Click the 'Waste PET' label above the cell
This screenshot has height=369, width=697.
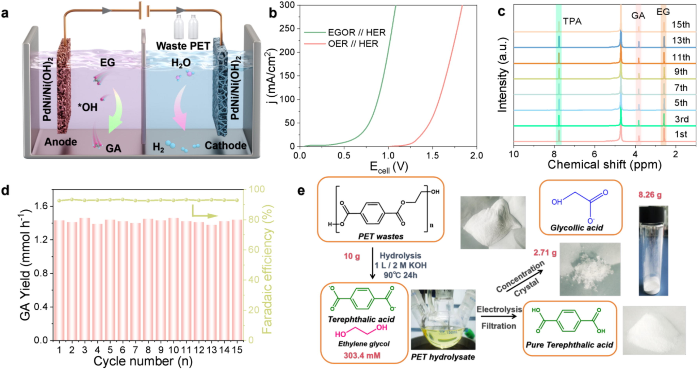click(183, 46)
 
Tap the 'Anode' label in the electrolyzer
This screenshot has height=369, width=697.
click(61, 142)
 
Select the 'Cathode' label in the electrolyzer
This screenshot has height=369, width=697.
click(225, 145)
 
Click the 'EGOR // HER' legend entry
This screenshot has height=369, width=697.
click(356, 32)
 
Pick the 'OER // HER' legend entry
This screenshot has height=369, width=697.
click(353, 44)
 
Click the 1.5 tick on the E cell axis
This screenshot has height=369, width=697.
click(432, 156)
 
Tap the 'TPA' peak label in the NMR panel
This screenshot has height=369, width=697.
click(572, 21)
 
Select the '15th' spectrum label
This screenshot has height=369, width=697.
click(681, 25)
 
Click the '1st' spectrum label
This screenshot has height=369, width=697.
click(681, 134)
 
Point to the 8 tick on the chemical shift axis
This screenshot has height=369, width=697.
click(554, 154)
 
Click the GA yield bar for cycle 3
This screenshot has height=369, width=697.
click(85, 279)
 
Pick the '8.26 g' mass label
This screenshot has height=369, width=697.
click(650, 195)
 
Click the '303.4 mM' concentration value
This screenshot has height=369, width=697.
click(362, 356)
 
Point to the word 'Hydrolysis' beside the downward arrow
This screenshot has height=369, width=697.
click(400, 256)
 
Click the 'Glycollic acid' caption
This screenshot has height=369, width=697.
click(577, 228)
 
